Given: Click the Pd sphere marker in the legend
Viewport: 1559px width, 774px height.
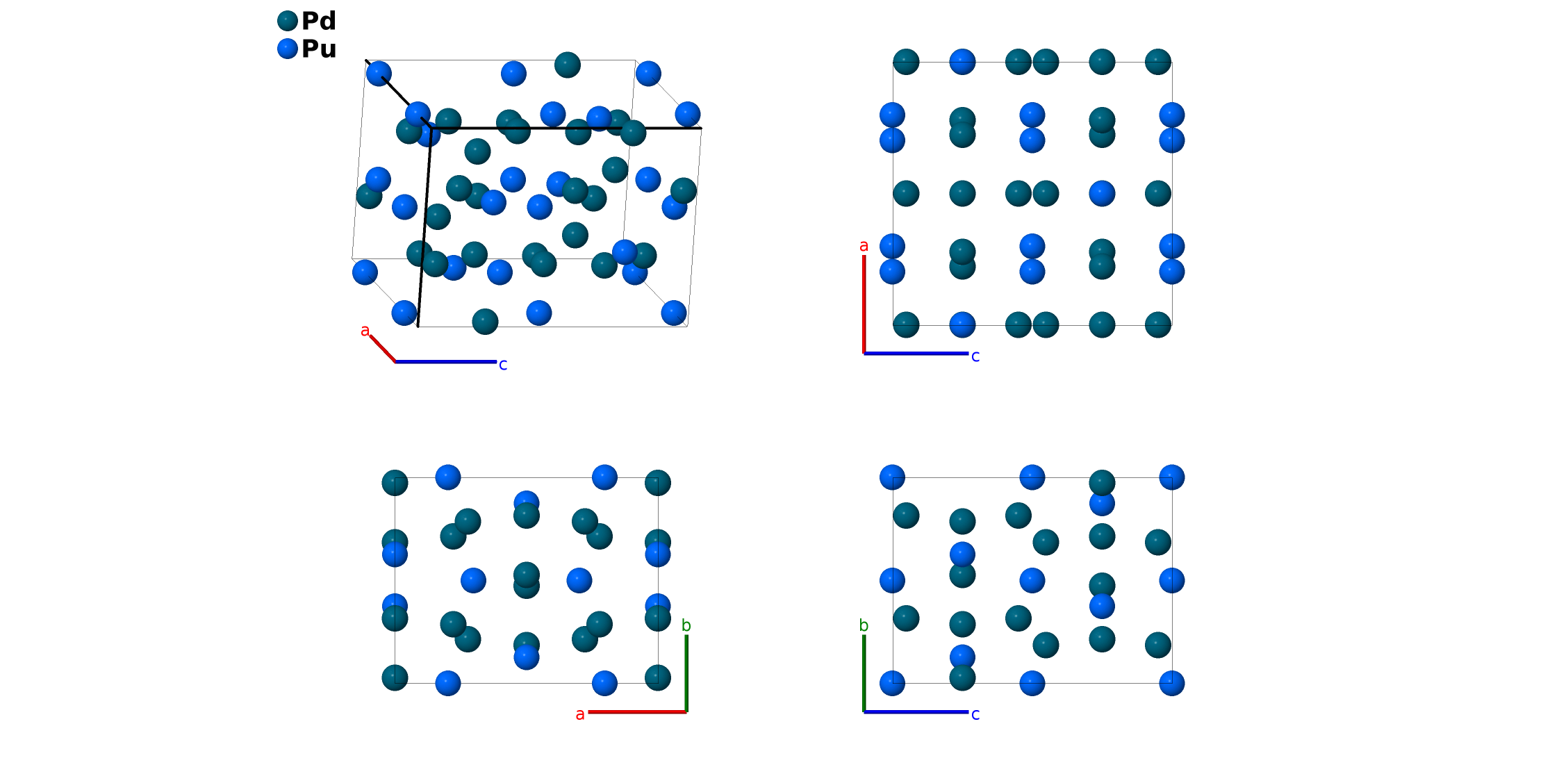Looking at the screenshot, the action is (x=288, y=21).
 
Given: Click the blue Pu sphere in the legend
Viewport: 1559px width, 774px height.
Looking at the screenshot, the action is (x=288, y=49).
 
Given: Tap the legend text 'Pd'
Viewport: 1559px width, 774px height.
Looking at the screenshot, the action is (x=319, y=21).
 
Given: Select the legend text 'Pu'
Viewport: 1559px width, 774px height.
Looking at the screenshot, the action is (x=319, y=49).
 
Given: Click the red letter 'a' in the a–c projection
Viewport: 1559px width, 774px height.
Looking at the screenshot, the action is (x=864, y=245).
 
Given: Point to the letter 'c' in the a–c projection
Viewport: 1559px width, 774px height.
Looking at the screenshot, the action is (x=975, y=356).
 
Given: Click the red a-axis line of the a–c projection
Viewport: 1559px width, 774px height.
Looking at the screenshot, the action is (x=864, y=304).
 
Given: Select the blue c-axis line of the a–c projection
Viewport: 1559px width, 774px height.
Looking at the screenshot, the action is (x=916, y=354).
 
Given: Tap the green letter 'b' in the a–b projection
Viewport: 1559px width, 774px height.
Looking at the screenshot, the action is (x=686, y=625).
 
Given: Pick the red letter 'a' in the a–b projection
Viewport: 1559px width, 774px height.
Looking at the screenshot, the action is (x=580, y=714).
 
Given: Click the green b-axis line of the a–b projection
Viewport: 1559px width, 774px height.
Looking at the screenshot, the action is (x=686, y=673).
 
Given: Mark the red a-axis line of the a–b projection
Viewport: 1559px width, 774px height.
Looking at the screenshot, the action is (x=637, y=711).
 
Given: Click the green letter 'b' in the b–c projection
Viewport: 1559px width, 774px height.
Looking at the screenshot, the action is (x=864, y=625).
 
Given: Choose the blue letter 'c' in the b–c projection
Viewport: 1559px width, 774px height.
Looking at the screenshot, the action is (x=975, y=714).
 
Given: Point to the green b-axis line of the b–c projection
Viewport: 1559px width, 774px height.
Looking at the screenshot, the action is (x=864, y=673).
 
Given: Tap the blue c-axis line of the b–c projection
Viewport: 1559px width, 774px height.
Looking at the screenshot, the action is (x=916, y=711).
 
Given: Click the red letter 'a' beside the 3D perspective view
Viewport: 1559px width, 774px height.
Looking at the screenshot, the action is (x=365, y=331).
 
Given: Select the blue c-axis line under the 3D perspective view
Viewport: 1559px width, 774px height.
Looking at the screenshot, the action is (x=446, y=361).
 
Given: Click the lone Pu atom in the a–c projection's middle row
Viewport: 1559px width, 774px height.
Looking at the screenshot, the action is (x=1102, y=193).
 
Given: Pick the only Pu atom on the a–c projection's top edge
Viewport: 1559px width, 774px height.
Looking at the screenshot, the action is (x=962, y=62).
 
